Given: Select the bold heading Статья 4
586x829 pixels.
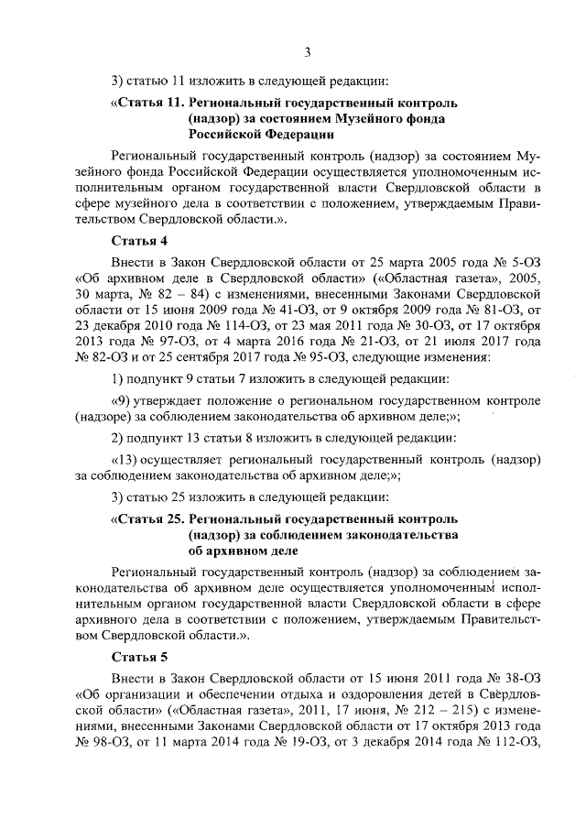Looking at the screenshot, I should click(139, 242).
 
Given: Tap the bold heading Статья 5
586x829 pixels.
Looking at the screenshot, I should click(139, 658).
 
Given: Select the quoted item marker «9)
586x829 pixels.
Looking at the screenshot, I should click(121, 401).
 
